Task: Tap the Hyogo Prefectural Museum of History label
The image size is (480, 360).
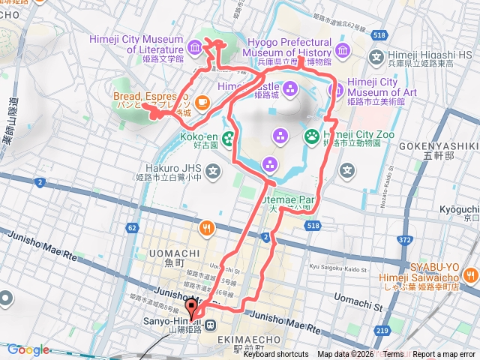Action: tap(287, 49)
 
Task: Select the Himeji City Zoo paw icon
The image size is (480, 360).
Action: tap(311, 136)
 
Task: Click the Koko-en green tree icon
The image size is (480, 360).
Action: tap(226, 137)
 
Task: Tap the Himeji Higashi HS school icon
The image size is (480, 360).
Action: tap(376, 57)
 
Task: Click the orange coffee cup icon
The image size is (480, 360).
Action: tap(202, 101)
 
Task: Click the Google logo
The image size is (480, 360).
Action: tap(28, 349)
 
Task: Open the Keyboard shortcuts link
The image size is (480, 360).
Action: tap(275, 355)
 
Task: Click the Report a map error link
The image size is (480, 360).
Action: tap(444, 355)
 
